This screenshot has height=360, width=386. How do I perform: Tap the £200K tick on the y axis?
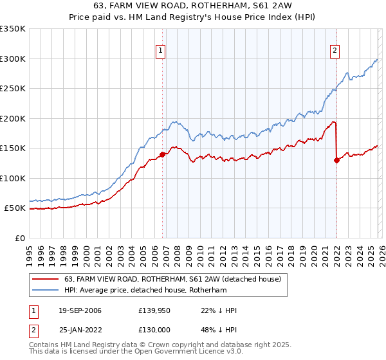[x=13, y=118]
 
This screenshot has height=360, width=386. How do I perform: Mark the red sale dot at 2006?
[x=162, y=154]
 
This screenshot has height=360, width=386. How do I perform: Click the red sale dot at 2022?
[x=336, y=161]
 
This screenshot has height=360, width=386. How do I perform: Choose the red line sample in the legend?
[x=45, y=280]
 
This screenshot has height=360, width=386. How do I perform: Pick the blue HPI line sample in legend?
[x=45, y=291]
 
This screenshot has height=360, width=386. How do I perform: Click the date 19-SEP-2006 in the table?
[x=76, y=310]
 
